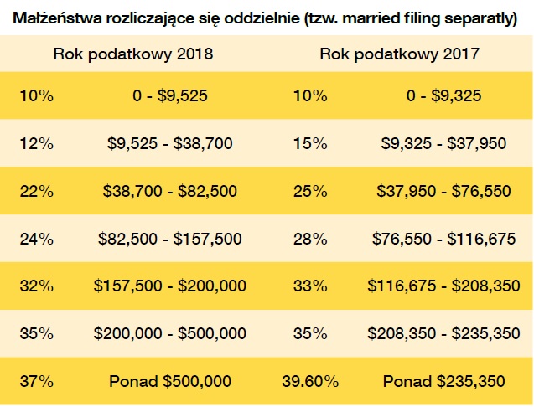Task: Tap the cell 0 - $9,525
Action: tap(170, 95)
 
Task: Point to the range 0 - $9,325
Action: tap(443, 95)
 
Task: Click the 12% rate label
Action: tap(37, 143)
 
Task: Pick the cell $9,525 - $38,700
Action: tap(170, 143)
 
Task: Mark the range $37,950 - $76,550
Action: tap(443, 191)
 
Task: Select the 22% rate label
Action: tap(37, 191)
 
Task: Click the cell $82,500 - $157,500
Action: tap(170, 239)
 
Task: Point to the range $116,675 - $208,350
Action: tap(443, 286)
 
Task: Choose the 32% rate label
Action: tap(37, 286)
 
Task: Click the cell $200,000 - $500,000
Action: tap(170, 333)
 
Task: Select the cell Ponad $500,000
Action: tap(170, 381)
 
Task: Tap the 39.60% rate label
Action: tap(310, 381)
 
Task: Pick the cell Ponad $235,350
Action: tap(443, 381)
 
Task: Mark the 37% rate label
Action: tap(37, 381)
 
